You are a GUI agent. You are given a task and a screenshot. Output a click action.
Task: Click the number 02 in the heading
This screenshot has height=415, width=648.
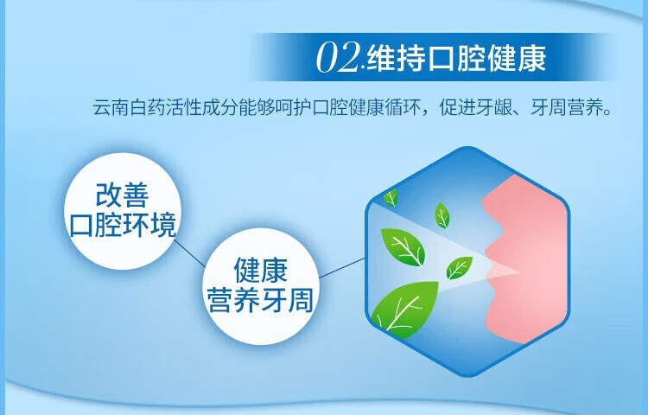point(338,57)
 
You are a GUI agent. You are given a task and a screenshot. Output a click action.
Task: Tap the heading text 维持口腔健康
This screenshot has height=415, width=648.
point(456,58)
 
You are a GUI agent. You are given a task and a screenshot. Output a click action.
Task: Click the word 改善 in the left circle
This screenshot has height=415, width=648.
point(123,195)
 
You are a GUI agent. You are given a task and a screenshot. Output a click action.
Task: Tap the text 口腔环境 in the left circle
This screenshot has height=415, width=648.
point(123,225)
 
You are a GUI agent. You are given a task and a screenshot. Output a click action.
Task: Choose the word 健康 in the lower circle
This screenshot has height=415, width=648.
point(261,270)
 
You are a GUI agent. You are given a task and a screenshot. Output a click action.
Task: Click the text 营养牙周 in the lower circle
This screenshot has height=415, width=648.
point(261,300)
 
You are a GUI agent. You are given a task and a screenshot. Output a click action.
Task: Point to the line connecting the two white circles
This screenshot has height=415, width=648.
point(190,254)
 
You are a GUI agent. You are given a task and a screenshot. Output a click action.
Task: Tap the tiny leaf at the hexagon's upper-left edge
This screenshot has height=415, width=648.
point(391,198)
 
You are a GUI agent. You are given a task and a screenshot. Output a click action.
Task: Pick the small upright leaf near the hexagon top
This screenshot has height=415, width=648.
point(442,215)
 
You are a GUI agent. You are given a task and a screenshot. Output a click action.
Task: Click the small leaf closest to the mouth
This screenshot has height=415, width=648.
point(459,267)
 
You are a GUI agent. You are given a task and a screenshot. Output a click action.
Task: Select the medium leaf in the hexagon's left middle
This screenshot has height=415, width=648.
point(403,247)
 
